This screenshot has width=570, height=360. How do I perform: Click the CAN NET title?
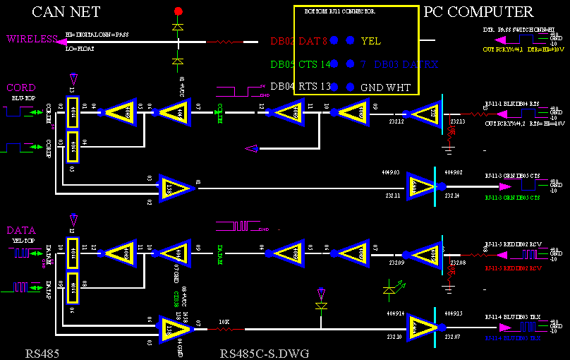(x=66, y=12)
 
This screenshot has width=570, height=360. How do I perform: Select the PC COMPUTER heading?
(x=478, y=12)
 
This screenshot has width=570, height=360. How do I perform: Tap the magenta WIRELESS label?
(x=32, y=40)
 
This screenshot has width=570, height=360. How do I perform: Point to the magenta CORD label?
(x=20, y=88)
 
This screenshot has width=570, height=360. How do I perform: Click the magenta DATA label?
(x=21, y=230)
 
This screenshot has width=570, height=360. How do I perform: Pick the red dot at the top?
(x=178, y=11)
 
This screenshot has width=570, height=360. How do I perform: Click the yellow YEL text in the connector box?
(x=370, y=41)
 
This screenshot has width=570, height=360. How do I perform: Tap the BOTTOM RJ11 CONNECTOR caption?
(x=339, y=13)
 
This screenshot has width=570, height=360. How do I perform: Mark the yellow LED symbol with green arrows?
(x=392, y=288)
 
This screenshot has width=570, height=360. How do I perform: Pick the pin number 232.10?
(x=394, y=337)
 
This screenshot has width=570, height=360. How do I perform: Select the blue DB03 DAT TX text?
(x=406, y=64)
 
